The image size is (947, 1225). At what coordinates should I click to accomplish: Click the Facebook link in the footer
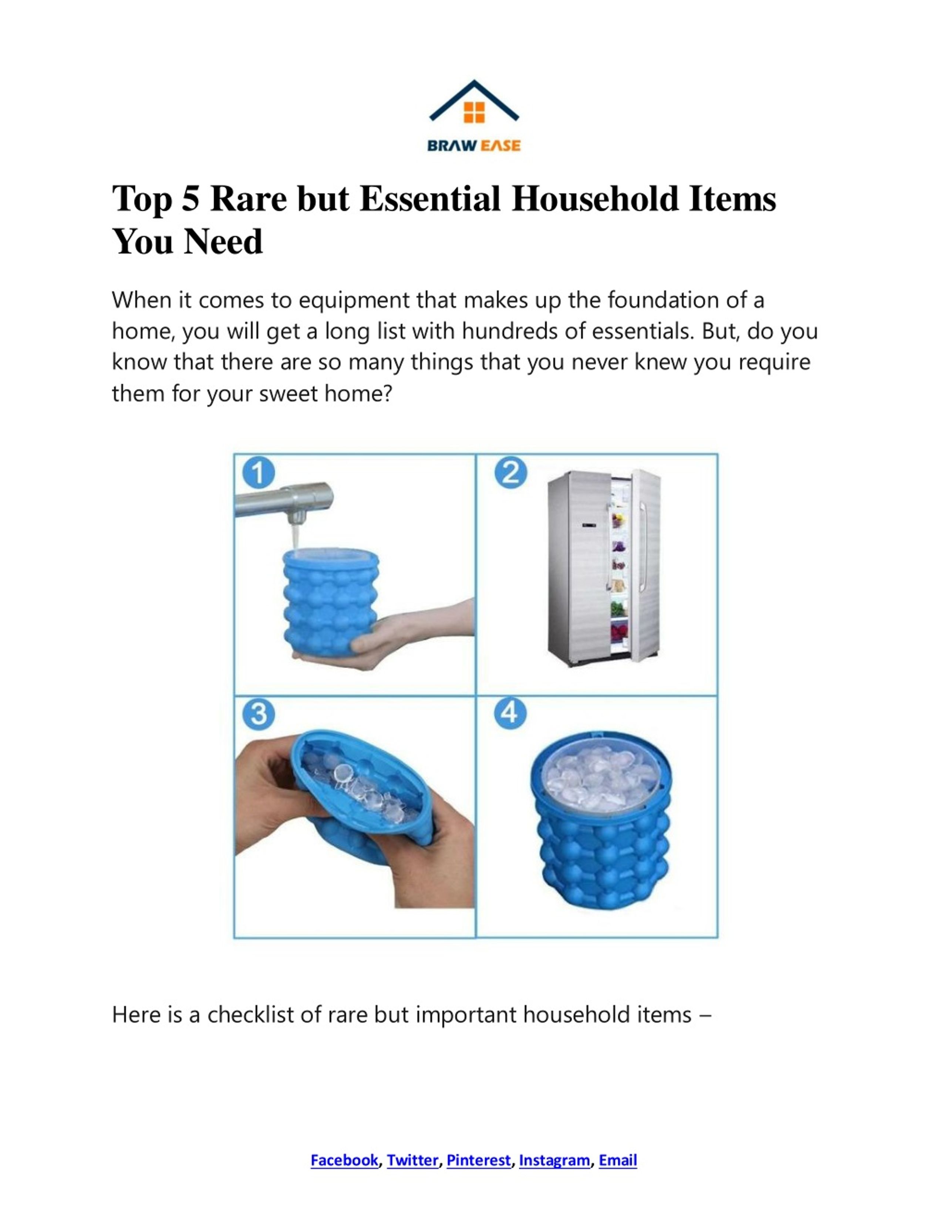click(344, 1160)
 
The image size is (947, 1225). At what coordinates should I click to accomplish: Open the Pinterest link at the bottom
click(479, 1160)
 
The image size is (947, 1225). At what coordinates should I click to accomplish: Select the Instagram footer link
click(554, 1160)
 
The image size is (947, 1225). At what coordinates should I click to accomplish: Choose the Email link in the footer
click(618, 1160)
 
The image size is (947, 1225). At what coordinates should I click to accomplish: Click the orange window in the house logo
click(474, 112)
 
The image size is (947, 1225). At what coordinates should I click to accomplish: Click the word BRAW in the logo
click(452, 146)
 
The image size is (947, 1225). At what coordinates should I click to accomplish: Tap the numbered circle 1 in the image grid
click(259, 473)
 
